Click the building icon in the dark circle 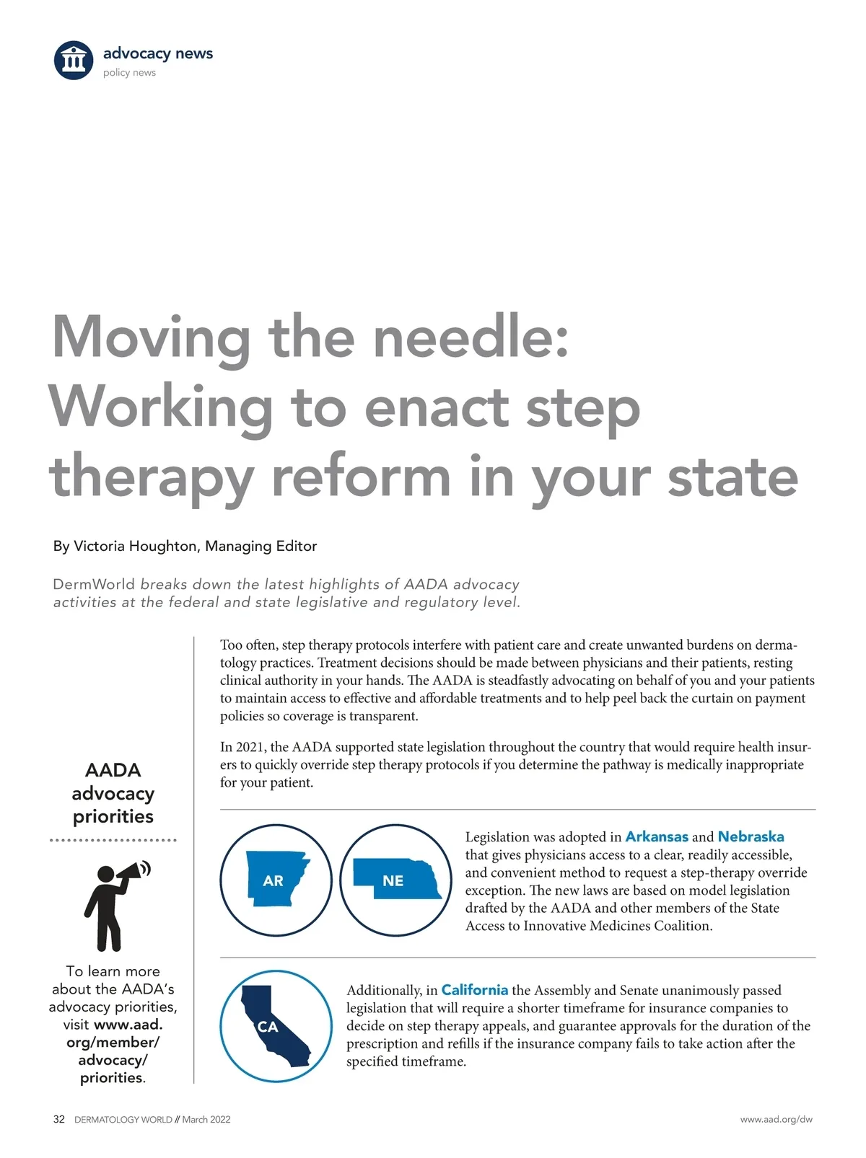[74, 60]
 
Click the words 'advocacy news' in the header [157, 53]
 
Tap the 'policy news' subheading [129, 73]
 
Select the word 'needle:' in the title [471, 337]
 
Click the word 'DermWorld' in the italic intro [94, 584]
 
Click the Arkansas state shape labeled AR [275, 879]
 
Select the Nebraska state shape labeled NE [396, 879]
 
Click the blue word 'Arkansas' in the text [656, 836]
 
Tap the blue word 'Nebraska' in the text [751, 836]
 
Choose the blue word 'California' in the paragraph [474, 990]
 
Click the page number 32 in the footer [59, 1119]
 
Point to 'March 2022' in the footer [206, 1120]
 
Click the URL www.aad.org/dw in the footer [776, 1120]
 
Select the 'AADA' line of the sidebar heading [113, 770]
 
